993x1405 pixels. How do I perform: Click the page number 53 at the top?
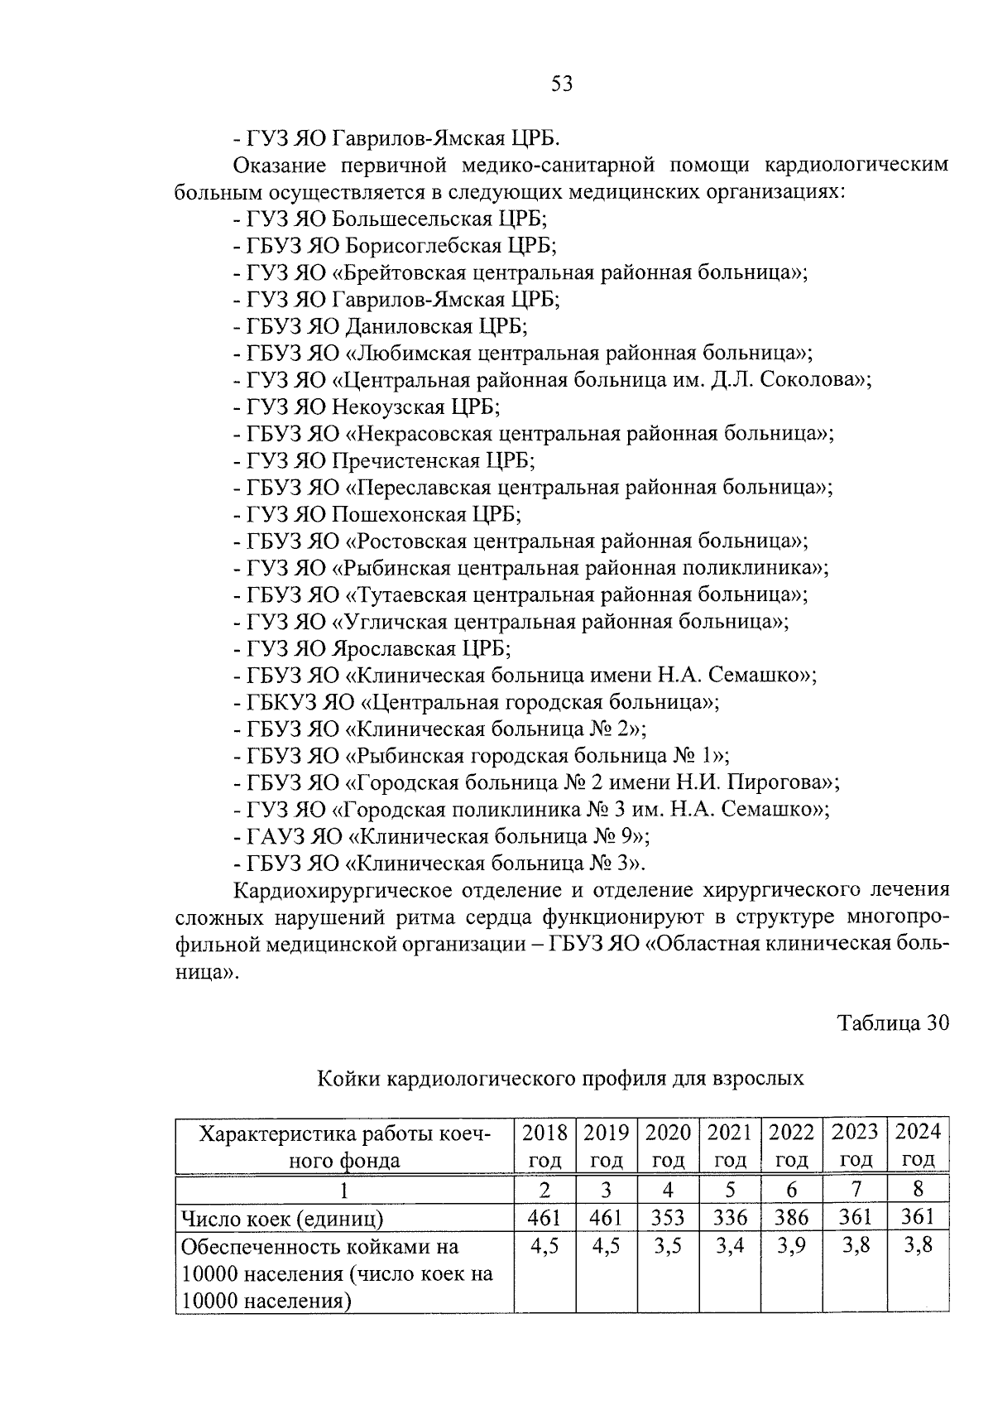coord(560,84)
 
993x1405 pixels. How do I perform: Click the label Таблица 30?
coord(893,1023)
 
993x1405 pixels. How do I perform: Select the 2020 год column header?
coord(668,1146)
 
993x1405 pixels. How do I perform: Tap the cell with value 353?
coord(668,1217)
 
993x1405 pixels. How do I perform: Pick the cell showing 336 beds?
coord(730,1217)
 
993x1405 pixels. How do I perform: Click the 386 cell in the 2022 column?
coord(792,1217)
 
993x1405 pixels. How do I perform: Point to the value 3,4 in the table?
coord(730,1245)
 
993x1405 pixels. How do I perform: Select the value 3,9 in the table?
coord(792,1245)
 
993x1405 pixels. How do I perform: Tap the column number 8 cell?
coord(918,1189)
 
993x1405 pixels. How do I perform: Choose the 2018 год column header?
coord(544,1146)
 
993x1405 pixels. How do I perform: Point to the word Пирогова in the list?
coord(784,782)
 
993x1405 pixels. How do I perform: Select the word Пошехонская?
coord(399,514)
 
